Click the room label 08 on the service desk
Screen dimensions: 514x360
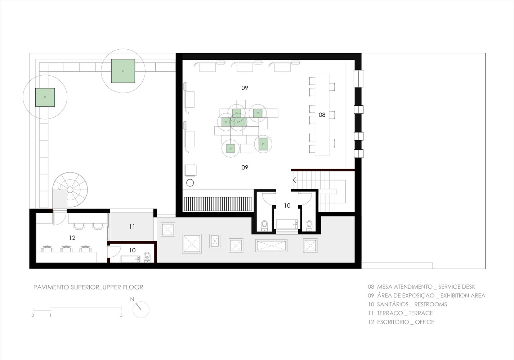322,115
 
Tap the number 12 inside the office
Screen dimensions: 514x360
72,238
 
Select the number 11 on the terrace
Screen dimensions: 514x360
132,227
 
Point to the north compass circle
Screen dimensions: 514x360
141,310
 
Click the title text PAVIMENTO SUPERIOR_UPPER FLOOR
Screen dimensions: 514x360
88,287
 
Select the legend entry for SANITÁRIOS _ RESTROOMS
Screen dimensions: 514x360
407,305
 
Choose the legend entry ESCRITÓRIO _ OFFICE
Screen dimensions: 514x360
401,322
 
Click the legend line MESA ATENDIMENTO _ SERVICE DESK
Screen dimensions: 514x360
421,287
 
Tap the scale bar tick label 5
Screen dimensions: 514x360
121,315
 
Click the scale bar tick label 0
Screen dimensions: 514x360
33,315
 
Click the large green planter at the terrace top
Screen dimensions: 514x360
123,71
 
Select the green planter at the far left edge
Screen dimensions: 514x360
45,97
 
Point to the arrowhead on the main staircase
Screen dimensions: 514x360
294,180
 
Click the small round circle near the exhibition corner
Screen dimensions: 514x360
190,183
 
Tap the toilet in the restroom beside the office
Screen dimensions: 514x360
147,257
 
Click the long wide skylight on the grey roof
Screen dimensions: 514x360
271,246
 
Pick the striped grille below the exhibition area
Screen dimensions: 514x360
218,204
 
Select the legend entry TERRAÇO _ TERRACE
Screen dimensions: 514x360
401,313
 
